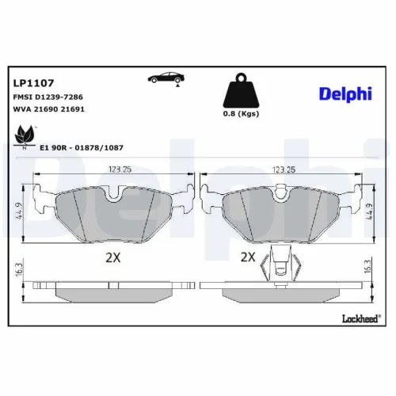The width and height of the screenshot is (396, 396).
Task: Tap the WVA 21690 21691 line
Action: click(x=48, y=110)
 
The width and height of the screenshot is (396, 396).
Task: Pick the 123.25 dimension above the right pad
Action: click(x=283, y=169)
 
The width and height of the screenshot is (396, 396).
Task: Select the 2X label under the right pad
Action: click(x=247, y=257)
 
